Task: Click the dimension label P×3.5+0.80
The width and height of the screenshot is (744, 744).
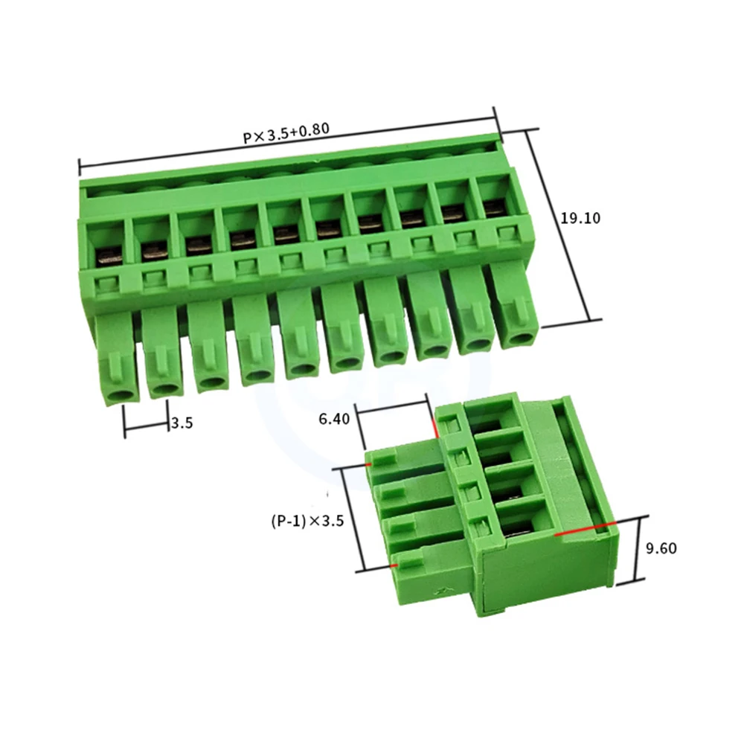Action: click(x=286, y=134)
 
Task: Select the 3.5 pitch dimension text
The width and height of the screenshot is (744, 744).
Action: click(x=182, y=423)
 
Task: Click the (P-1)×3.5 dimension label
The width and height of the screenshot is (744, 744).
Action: click(x=307, y=521)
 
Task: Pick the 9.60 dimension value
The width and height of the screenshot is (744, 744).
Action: click(x=661, y=549)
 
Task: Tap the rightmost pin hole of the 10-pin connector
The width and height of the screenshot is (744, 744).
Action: click(x=519, y=339)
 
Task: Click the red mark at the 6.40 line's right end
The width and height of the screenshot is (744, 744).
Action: click(x=433, y=427)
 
